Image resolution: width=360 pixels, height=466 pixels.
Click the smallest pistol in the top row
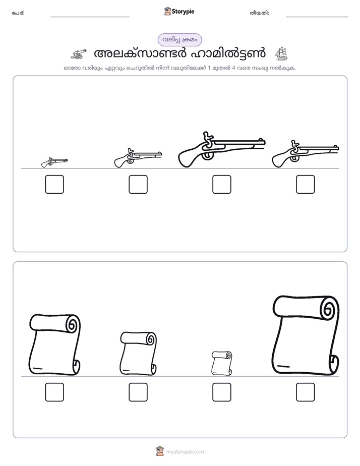[54, 162]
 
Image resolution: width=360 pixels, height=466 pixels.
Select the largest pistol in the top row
[221, 149]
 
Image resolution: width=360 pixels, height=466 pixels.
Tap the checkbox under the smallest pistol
[54, 184]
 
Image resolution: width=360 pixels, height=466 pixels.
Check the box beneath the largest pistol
[221, 184]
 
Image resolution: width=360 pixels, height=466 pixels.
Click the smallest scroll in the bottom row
[221, 363]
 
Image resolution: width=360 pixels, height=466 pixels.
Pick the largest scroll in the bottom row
[306, 335]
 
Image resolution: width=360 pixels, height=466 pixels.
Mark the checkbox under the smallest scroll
[221, 392]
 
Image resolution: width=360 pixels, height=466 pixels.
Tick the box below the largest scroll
[306, 392]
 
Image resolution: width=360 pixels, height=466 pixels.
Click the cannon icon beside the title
[79, 54]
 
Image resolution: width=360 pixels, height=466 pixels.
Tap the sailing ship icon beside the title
[281, 54]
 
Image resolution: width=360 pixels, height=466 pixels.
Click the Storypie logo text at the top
[183, 12]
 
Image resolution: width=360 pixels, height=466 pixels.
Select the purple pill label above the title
[179, 40]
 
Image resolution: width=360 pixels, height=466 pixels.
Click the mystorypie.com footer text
[185, 452]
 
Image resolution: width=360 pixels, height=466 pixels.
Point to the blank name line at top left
[90, 17]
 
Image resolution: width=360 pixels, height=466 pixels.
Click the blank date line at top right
[317, 17]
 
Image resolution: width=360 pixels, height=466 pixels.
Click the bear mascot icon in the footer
[160, 451]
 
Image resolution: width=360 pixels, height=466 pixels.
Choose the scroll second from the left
[139, 354]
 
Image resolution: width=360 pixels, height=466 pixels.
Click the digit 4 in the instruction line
[233, 68]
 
